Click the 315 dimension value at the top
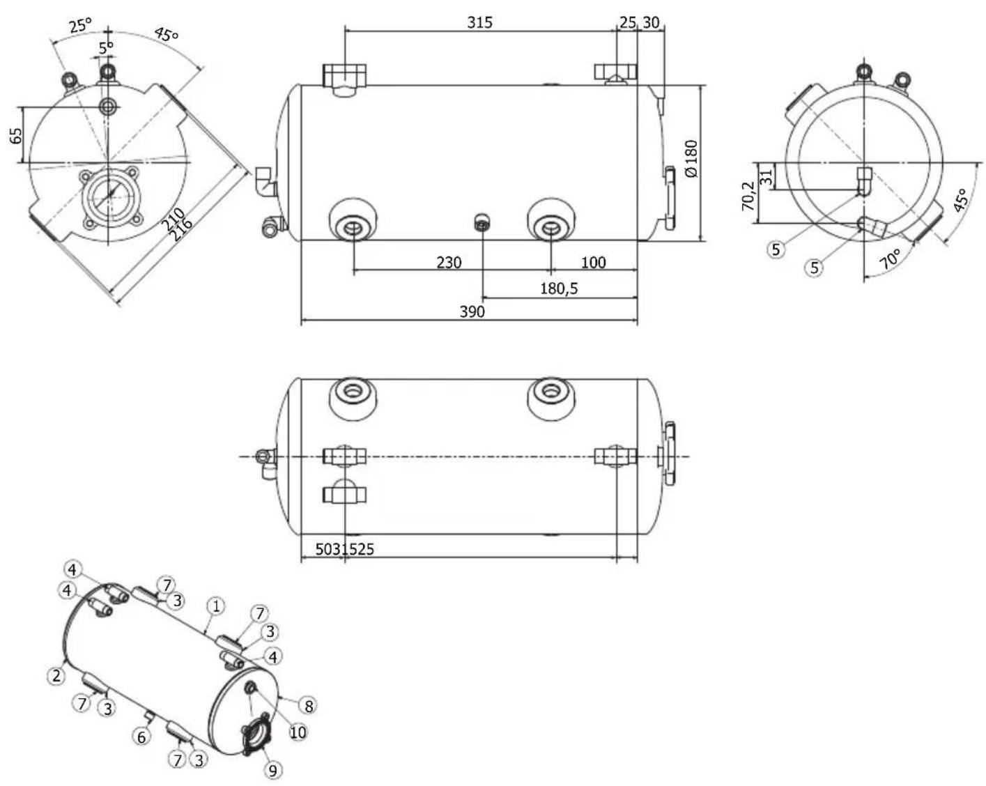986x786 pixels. pyautogui.click(x=479, y=22)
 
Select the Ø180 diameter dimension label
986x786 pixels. pyautogui.click(x=691, y=159)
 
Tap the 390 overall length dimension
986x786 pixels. pyautogui.click(x=472, y=311)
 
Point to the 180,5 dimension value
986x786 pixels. pyautogui.click(x=559, y=288)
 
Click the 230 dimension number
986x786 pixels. pyautogui.click(x=449, y=263)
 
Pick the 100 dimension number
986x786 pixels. pyautogui.click(x=593, y=263)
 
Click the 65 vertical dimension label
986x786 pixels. pyautogui.click(x=16, y=136)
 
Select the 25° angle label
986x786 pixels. pyautogui.click(x=81, y=25)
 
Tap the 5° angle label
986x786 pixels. pyautogui.click(x=106, y=47)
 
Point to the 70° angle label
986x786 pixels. pyautogui.click(x=891, y=259)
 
